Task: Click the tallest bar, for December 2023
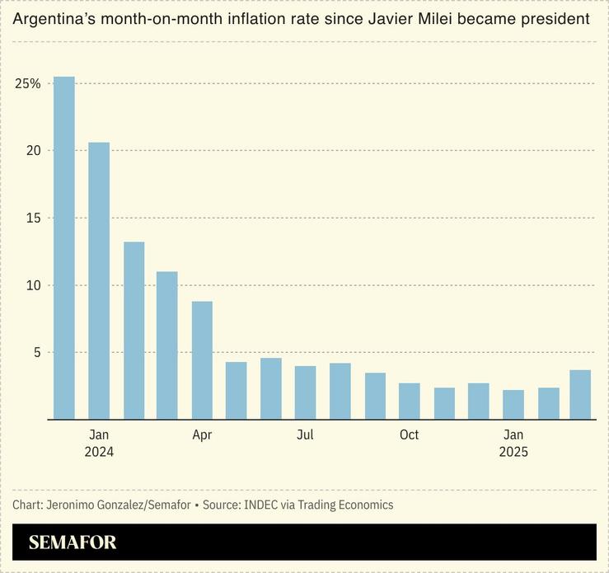point(64,247)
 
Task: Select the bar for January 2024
point(99,280)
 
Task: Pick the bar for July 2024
point(306,392)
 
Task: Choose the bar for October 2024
point(410,401)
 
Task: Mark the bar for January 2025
point(513,404)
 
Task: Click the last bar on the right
point(581,394)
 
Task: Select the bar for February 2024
point(134,330)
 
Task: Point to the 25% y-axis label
point(27,83)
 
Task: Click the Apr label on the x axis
point(202,434)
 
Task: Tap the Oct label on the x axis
point(410,434)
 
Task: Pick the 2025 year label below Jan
point(513,452)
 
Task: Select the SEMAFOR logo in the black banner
point(73,542)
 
